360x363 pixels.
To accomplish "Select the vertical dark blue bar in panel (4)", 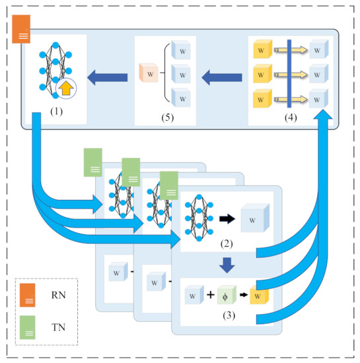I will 289,73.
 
